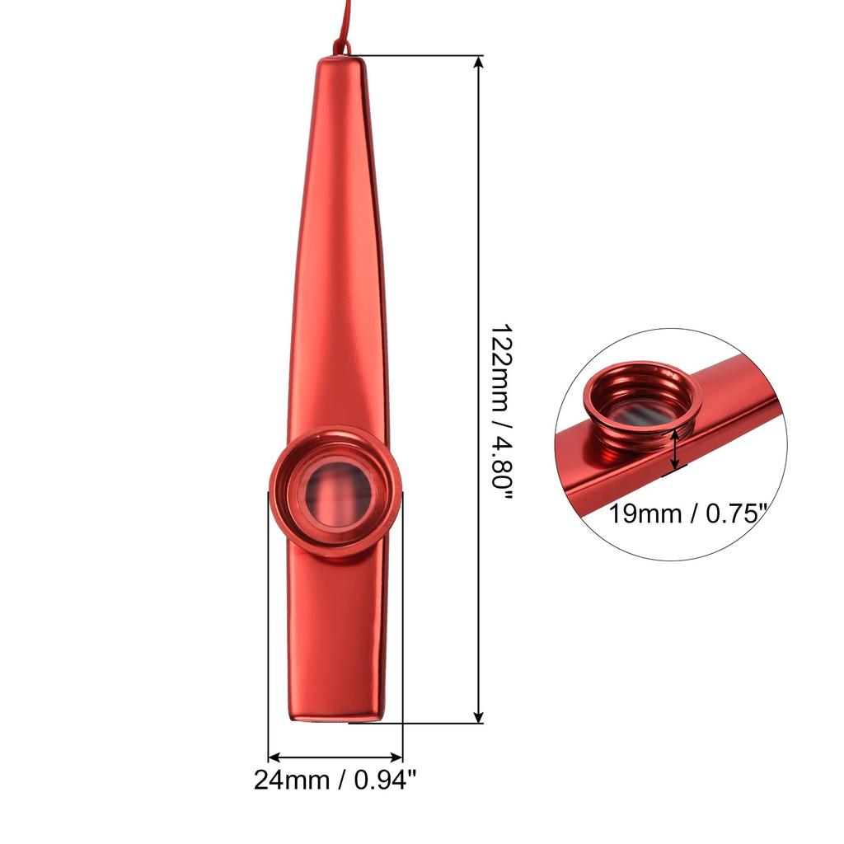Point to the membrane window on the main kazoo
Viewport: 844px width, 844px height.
pos(336,493)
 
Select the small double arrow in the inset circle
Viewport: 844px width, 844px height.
pos(676,452)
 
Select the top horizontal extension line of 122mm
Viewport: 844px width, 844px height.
pos(420,56)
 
